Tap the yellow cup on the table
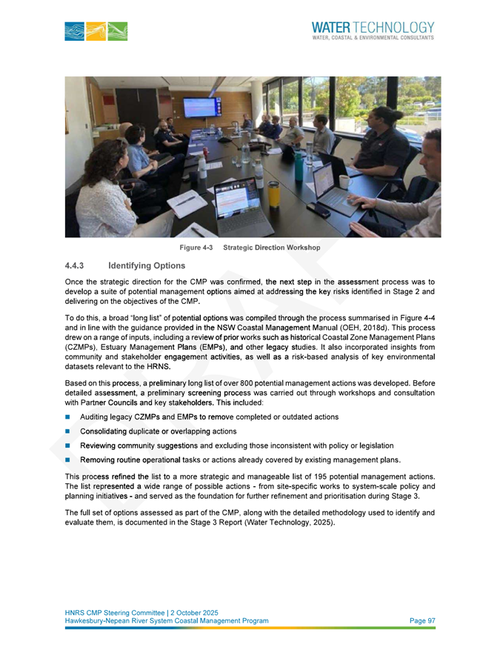274,193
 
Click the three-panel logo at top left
96,31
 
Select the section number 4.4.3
76,265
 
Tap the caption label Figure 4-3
196,248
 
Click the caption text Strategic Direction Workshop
271,248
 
